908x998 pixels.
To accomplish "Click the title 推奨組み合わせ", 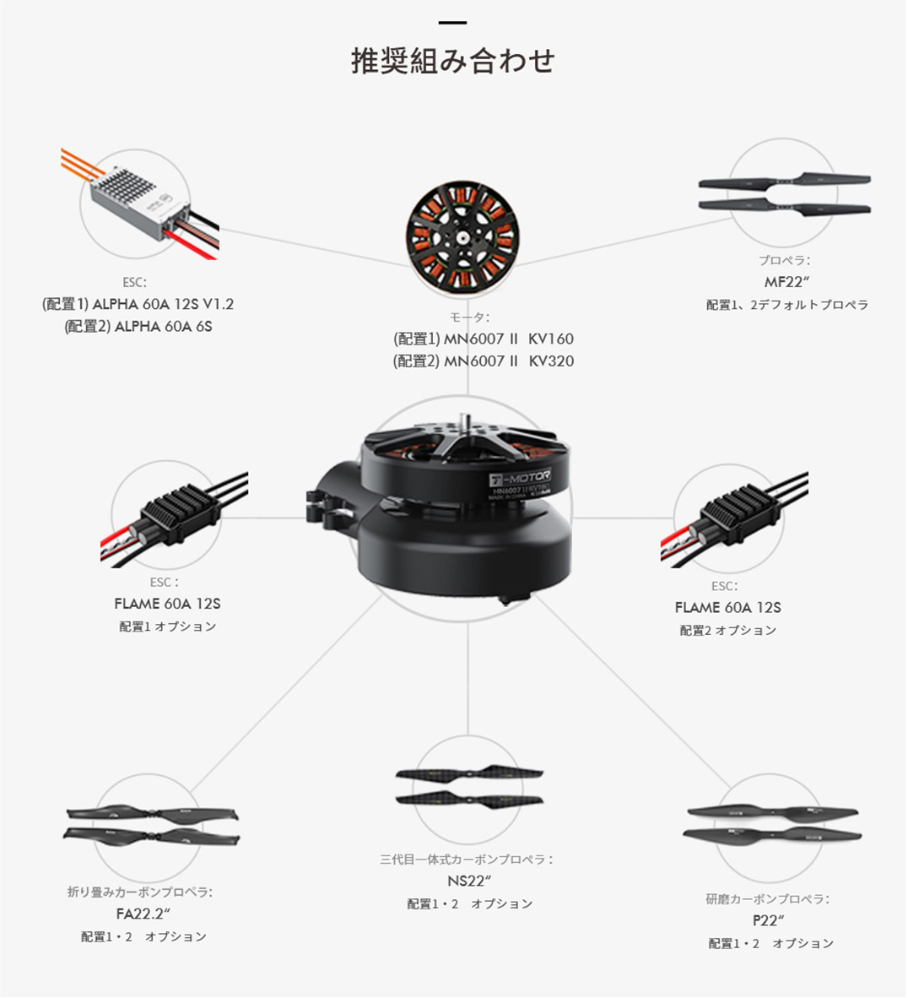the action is [x=453, y=61].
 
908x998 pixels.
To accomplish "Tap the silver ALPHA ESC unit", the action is [x=139, y=203].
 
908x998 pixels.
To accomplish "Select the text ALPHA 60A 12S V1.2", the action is [x=163, y=304].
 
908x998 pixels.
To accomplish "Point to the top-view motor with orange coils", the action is [x=463, y=236].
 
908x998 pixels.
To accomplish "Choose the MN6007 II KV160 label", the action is [x=508, y=339].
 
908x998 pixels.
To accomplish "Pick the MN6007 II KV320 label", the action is [x=508, y=361].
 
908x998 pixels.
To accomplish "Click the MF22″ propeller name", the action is [x=786, y=282].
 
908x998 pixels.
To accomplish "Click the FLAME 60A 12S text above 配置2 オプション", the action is [x=728, y=608].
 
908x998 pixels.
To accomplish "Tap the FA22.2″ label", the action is [x=143, y=914].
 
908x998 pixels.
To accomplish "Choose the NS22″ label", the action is [x=469, y=881].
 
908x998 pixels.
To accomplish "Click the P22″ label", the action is [x=768, y=920].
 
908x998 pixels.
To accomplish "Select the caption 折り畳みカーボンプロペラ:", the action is [x=140, y=892].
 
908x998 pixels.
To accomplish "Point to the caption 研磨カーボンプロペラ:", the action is [x=767, y=898].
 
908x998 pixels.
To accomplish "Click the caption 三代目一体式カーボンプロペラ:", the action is [x=467, y=860].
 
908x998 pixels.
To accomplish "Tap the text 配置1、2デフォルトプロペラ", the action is [x=787, y=305].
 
